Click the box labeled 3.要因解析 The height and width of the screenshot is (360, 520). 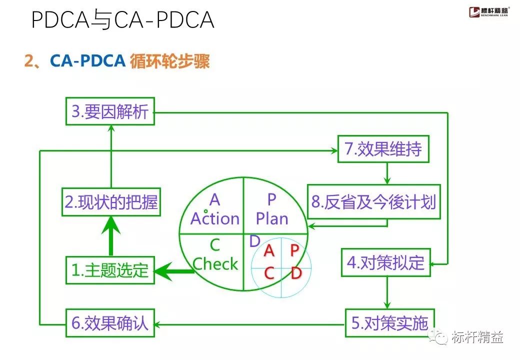[110, 111]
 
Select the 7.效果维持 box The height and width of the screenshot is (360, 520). [383, 149]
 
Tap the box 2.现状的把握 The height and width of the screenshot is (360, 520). [111, 202]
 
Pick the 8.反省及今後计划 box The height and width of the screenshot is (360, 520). [373, 202]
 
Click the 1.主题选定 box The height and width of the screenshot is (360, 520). [110, 270]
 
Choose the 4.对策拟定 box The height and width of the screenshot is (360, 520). [385, 262]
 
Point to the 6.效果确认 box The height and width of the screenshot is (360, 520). [110, 323]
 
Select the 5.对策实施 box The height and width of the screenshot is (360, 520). [389, 323]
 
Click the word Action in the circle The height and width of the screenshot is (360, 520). [215, 218]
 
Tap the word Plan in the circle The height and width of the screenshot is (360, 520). [271, 218]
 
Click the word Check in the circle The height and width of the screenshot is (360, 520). [215, 263]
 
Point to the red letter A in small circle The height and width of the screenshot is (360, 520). [269, 250]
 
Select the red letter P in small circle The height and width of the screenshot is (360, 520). [294, 250]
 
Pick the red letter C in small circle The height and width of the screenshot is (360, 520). [269, 273]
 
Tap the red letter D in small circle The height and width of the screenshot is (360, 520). [296, 273]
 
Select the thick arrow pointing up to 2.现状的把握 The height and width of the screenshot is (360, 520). [111, 237]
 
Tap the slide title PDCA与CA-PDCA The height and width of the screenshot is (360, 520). [122, 20]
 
